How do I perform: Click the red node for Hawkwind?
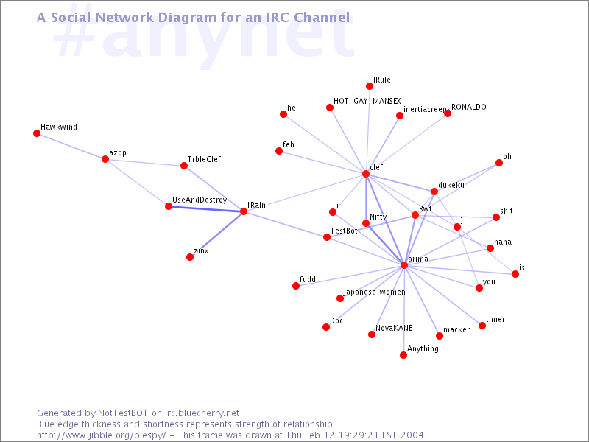coord(37,133)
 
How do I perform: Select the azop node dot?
coord(105,159)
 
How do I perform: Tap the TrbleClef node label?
coord(204,159)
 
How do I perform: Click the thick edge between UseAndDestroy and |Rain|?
coord(206,209)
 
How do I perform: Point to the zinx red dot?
coord(190,257)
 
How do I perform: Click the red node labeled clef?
coord(366,174)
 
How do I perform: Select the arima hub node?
coord(404,265)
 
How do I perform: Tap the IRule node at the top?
coord(370,86)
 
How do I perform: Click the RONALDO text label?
coord(469,107)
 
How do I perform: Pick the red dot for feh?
coord(279,151)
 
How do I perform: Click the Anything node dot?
coord(403,355)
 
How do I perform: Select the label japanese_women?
coord(375,292)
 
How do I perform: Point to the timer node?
coord(482,326)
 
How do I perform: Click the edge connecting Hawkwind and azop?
coord(71,147)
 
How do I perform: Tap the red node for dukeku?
coord(434,192)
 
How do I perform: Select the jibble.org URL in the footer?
coord(101,435)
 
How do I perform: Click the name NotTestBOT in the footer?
coord(123,413)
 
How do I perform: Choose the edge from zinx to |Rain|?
coord(216,234)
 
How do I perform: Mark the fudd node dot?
coord(296,286)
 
